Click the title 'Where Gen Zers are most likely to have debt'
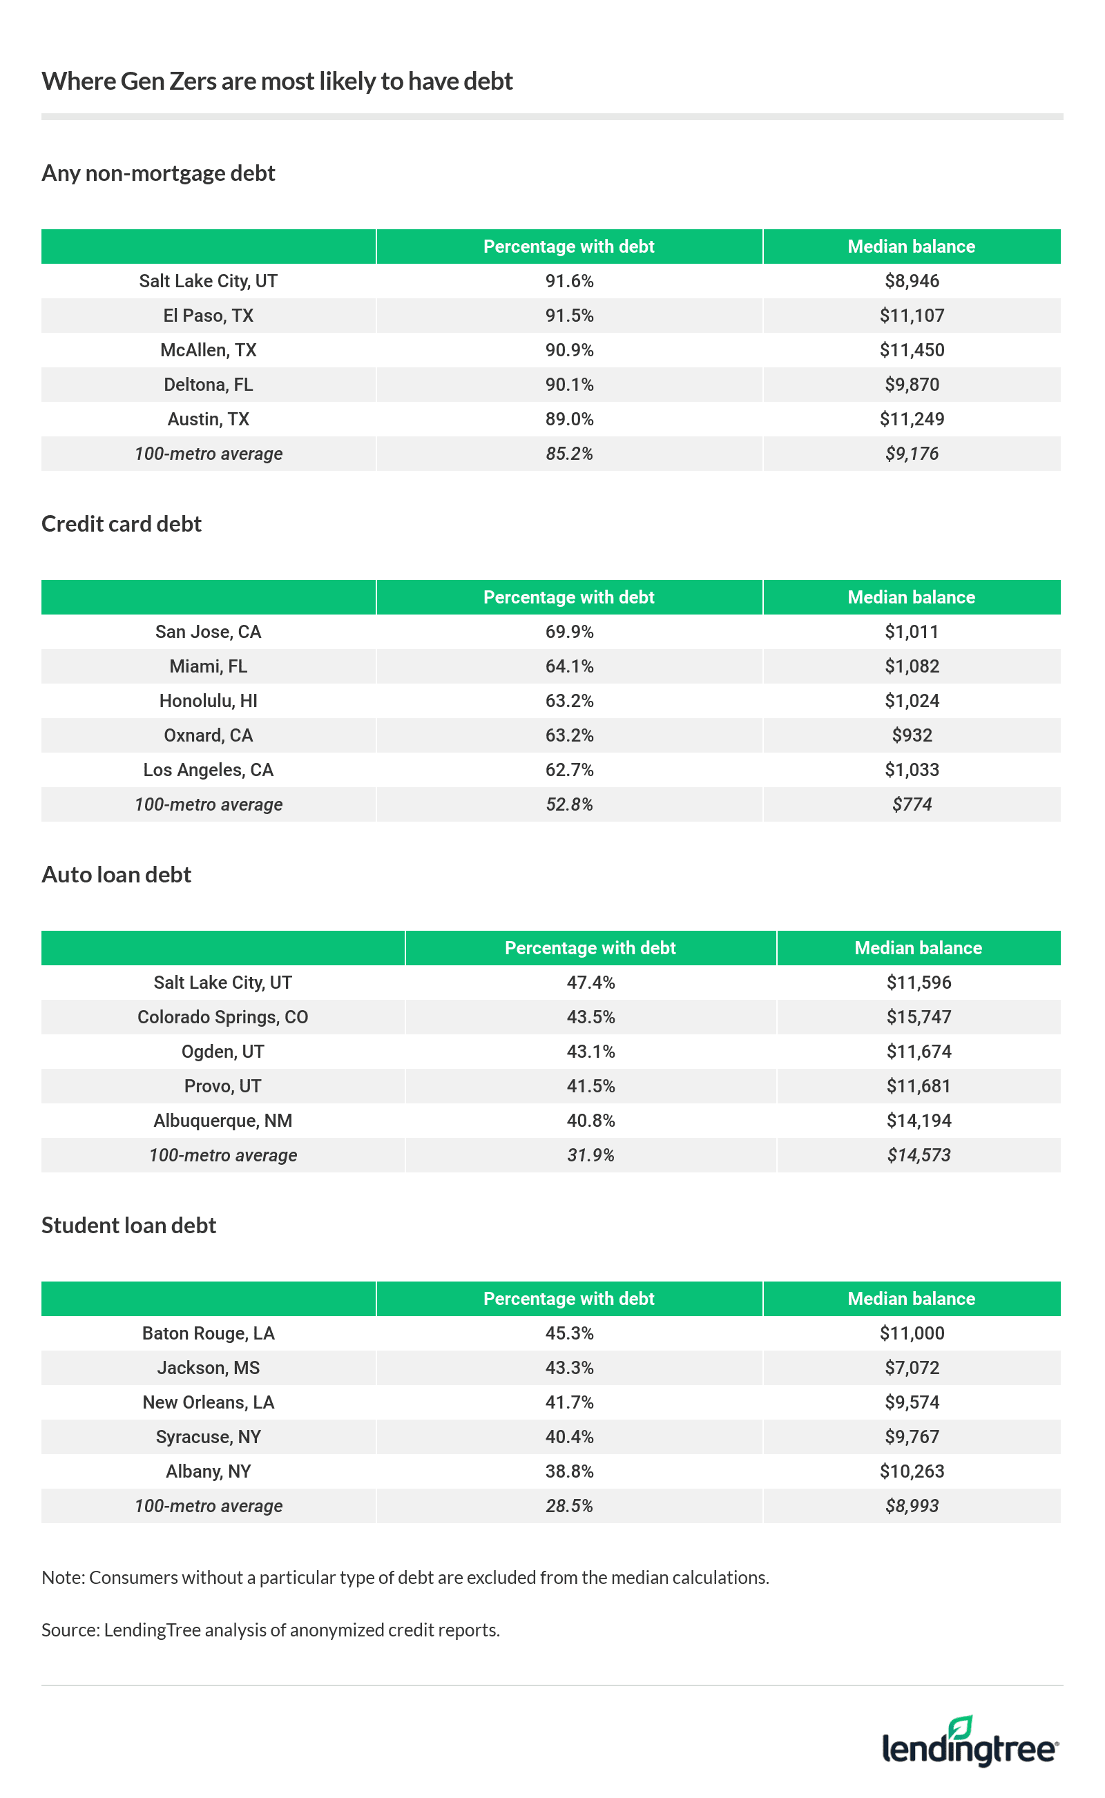[277, 81]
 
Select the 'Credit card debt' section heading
[122, 524]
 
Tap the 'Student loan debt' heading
[128, 1225]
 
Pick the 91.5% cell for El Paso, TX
[569, 316]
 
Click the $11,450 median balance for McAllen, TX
[912, 350]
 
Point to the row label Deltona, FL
[209, 385]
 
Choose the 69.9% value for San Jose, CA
[569, 631]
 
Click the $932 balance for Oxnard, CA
[912, 735]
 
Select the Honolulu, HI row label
[209, 701]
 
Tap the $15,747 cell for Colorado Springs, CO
[919, 1017]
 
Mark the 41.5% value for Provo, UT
[590, 1085]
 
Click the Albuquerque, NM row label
[223, 1121]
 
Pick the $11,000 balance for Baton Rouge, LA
[912, 1333]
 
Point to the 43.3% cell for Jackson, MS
[569, 1368]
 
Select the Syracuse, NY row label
[209, 1436]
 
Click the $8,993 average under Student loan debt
[912, 1506]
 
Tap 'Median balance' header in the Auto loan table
[918, 947]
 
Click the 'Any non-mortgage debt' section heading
[158, 173]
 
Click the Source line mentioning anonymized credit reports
[271, 1630]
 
